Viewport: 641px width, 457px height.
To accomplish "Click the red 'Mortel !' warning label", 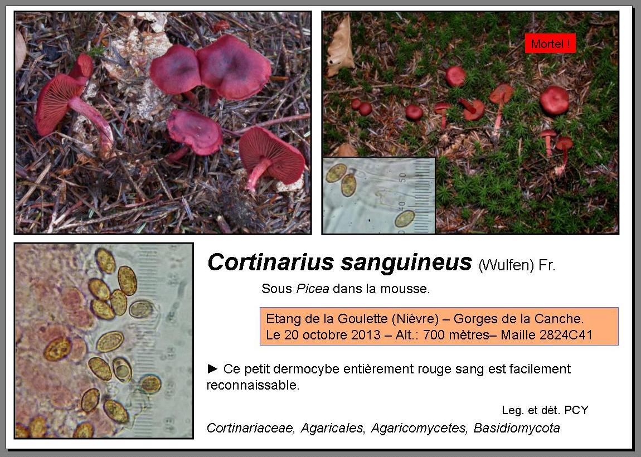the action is click(x=550, y=43).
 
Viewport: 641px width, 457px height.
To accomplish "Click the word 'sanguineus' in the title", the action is click(x=406, y=262).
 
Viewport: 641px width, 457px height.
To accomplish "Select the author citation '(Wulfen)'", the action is click(x=506, y=265).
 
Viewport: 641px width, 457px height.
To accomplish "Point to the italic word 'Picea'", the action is click(x=313, y=289).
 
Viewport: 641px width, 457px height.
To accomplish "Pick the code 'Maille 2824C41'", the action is click(x=547, y=335).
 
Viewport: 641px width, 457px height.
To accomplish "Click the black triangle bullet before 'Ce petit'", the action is click(x=212, y=369).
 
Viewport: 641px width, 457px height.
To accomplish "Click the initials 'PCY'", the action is click(x=576, y=410).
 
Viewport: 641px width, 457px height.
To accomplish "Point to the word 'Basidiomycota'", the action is click(x=517, y=428).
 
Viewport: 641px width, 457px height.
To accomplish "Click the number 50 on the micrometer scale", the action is click(x=402, y=177).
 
